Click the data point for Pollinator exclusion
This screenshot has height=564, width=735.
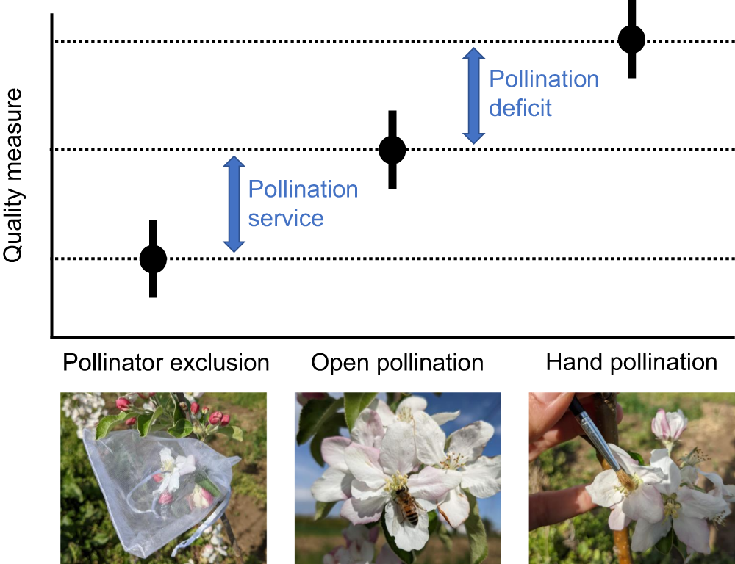click(153, 258)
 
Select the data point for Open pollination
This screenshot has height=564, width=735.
click(392, 150)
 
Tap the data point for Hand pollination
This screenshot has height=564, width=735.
click(631, 40)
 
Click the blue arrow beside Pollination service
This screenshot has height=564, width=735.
click(234, 204)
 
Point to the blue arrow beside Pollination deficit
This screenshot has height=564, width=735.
click(473, 95)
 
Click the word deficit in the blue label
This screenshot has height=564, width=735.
click(520, 109)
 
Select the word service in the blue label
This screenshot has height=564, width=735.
click(286, 218)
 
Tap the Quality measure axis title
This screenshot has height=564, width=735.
click(14, 176)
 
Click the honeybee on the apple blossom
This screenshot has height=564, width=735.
click(405, 506)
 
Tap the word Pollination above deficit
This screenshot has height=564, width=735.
click(544, 79)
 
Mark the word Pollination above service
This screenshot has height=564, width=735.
click(303, 189)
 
